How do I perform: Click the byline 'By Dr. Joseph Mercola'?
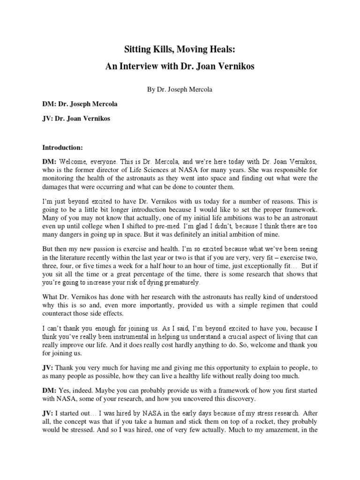point(180,89)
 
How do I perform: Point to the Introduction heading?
point(63,148)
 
